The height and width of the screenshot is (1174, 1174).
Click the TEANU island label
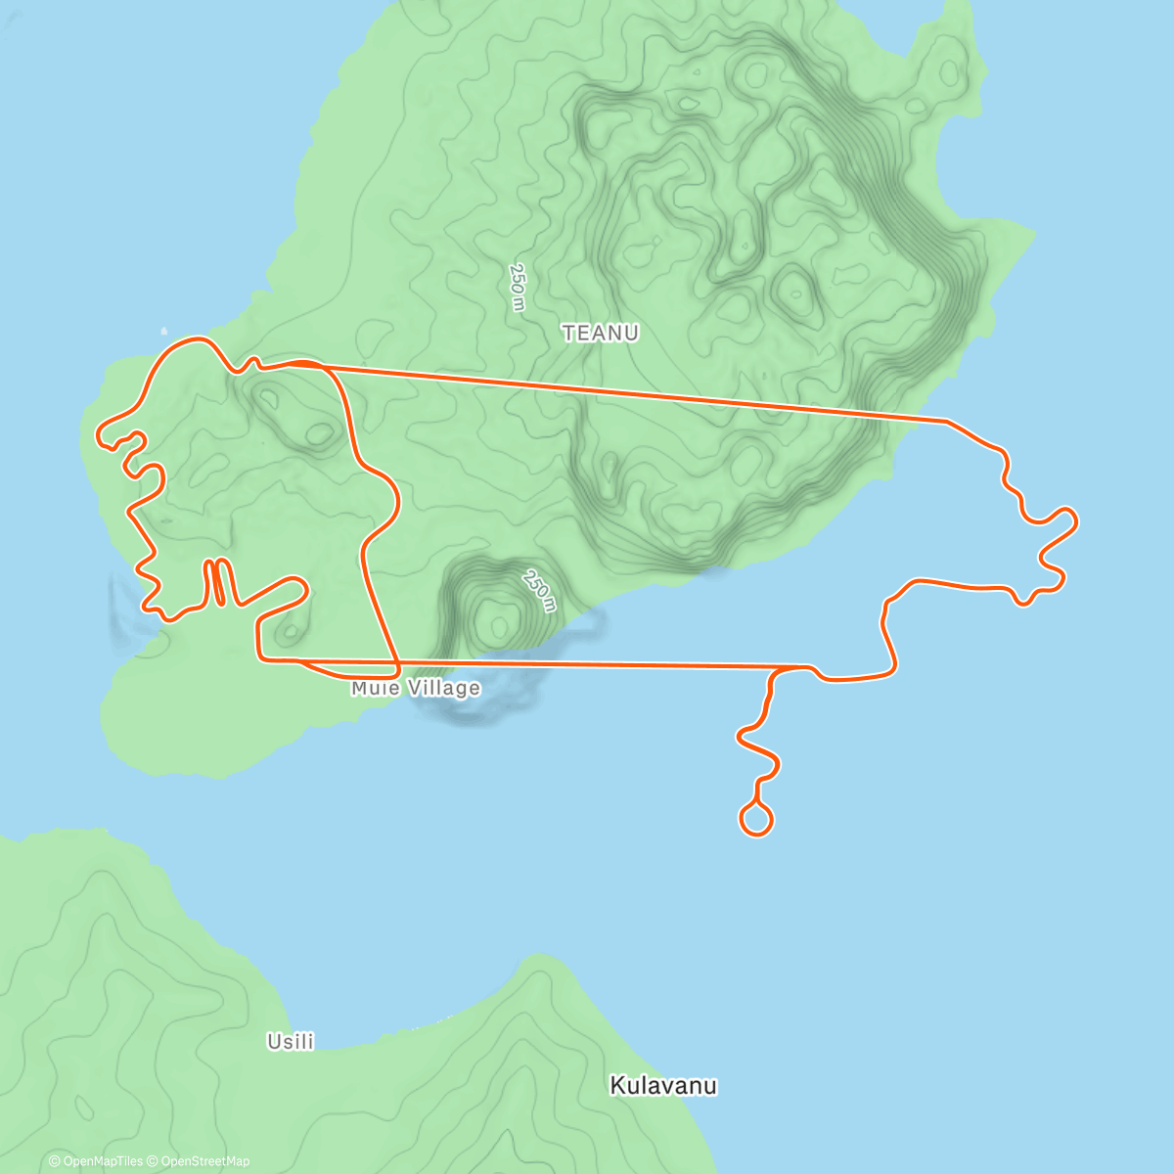(x=601, y=333)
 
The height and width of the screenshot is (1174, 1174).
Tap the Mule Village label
(x=416, y=689)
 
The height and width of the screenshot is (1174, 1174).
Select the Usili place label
(x=291, y=1042)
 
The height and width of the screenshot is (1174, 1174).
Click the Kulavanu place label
(x=663, y=1086)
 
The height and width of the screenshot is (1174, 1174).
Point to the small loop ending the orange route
(x=756, y=819)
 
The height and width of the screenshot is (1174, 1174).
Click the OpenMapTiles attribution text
(x=103, y=1161)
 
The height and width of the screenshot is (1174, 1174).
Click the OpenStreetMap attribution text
(x=204, y=1161)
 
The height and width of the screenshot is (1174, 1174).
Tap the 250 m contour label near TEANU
(x=518, y=287)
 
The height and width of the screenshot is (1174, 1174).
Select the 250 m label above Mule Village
(x=539, y=590)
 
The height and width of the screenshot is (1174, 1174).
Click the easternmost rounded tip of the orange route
(x=1074, y=519)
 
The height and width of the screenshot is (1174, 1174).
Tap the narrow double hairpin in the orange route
(x=217, y=581)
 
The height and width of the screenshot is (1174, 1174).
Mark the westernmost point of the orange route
(x=98, y=433)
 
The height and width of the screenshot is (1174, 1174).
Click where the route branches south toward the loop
(x=776, y=671)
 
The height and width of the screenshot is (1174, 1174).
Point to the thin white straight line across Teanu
(x=626, y=392)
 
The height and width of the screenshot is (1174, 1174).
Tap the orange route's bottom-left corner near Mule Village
(x=261, y=658)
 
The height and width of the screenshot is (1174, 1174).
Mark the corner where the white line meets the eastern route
(x=944, y=421)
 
